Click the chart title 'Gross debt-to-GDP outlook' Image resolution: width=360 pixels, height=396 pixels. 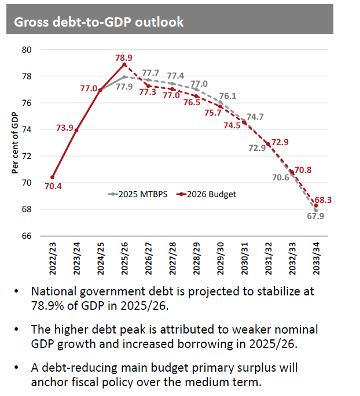tap(98, 23)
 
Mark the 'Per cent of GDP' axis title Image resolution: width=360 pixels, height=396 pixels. tap(16, 143)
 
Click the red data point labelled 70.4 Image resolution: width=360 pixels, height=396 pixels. tap(53, 177)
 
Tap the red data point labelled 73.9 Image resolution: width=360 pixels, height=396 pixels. tap(76, 130)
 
